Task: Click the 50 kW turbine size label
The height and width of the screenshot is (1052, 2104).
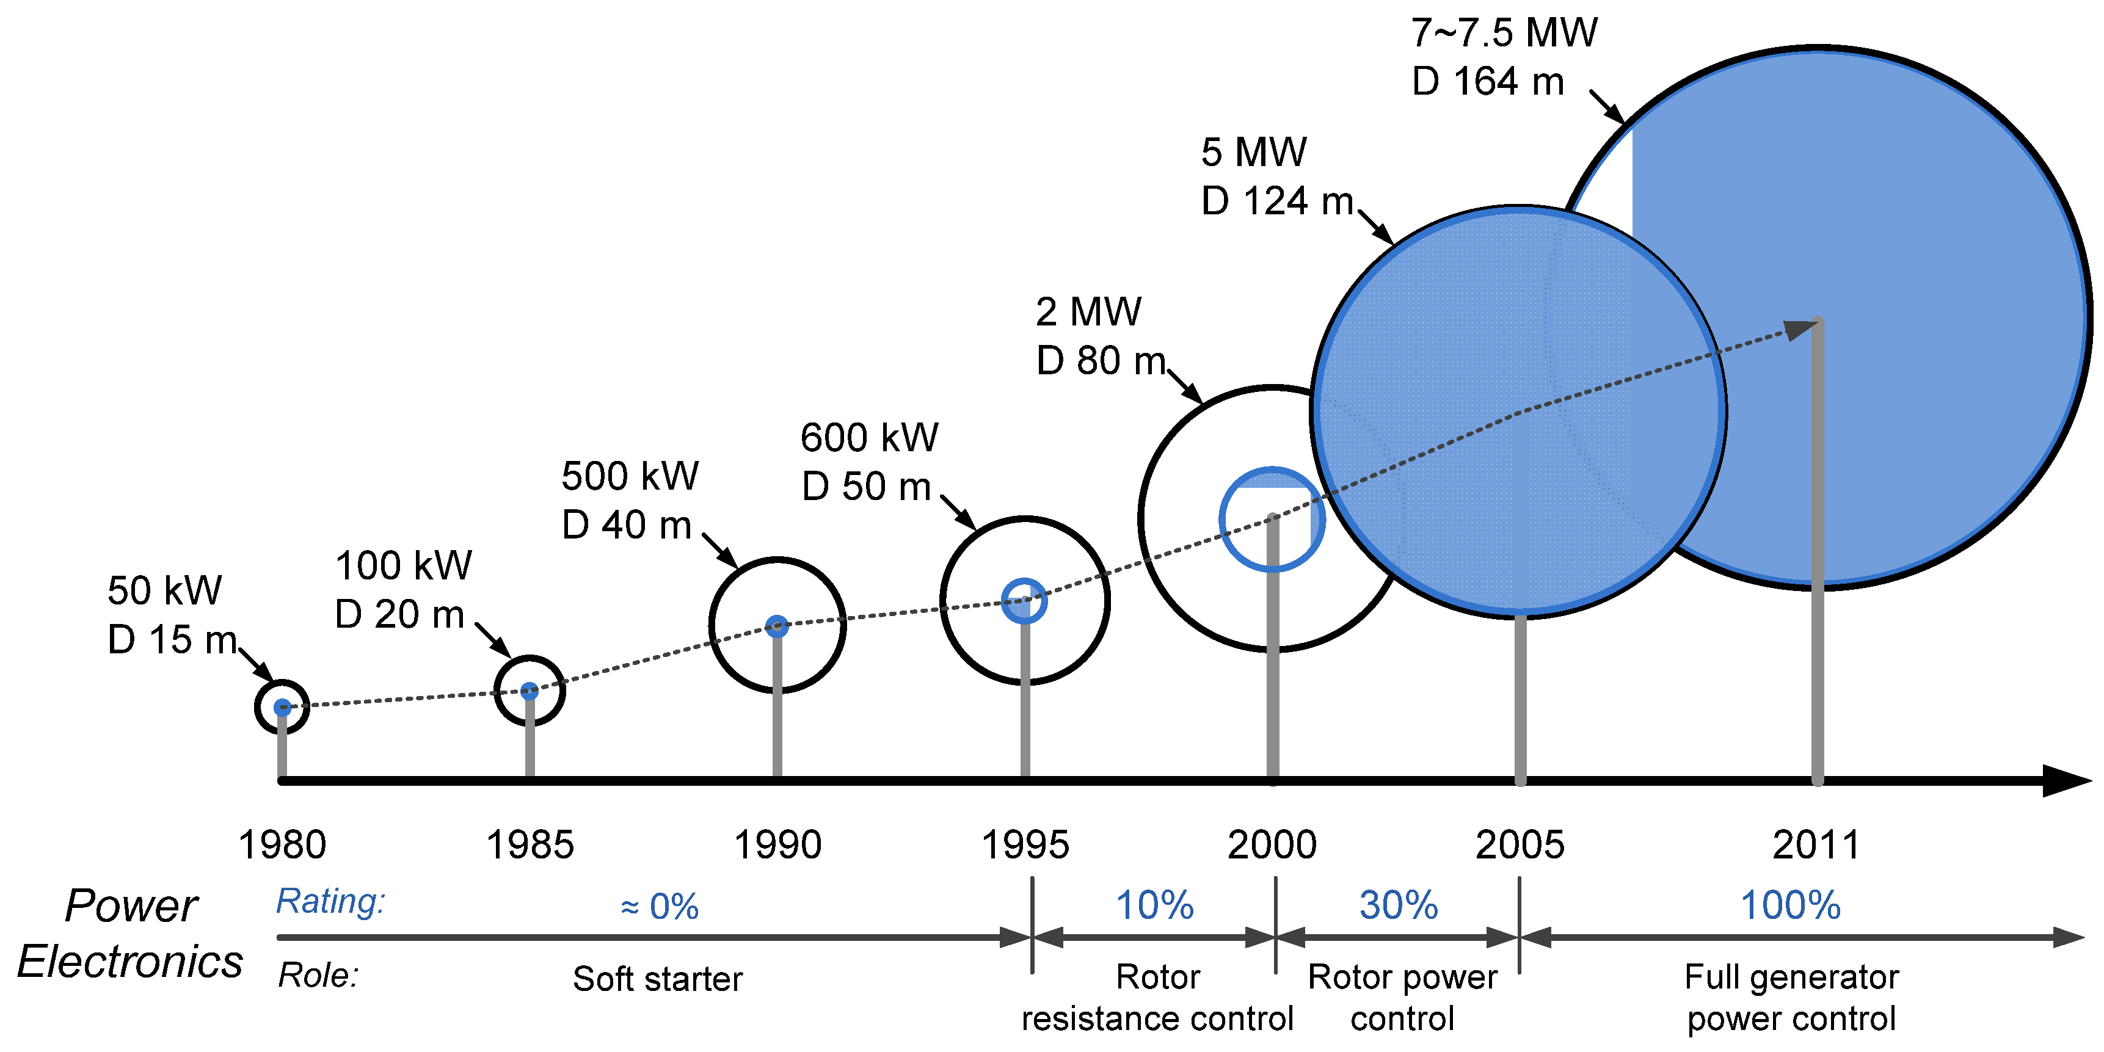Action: point(164,590)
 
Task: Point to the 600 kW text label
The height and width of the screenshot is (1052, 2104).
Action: point(869,438)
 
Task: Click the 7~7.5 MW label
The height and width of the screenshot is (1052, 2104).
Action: point(1504,34)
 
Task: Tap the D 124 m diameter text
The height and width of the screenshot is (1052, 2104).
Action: point(1276,201)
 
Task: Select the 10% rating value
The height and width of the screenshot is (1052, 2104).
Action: point(1154,905)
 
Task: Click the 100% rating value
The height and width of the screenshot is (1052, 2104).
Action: point(1790,905)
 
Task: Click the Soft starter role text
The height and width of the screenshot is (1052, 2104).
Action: point(658,979)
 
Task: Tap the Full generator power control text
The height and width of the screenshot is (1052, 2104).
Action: point(1791,997)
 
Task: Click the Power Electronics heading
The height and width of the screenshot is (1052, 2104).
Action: point(131,933)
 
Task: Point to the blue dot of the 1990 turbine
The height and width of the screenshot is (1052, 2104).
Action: point(777,626)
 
